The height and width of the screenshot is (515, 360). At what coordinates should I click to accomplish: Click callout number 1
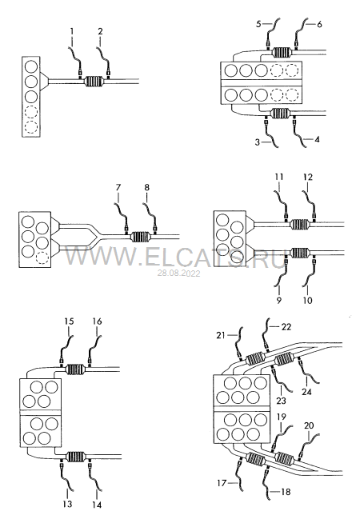point(72,31)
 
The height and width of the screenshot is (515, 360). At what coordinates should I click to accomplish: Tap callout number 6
point(319,24)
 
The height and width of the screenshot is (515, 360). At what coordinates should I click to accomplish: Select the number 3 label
point(258,142)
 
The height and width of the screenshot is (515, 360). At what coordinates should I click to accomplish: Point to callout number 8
point(146,187)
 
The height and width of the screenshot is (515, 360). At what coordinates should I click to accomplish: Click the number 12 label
point(308,177)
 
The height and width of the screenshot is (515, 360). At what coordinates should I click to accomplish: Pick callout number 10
point(307,300)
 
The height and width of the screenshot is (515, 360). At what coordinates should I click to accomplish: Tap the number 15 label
point(69,321)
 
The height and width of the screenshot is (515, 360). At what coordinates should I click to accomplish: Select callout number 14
point(97,505)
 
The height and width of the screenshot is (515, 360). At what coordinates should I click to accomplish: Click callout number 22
point(286,327)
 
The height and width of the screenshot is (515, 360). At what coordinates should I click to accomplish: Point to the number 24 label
point(306,392)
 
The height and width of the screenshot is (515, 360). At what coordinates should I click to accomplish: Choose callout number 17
point(222,483)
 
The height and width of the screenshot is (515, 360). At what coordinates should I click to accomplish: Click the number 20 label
point(309,425)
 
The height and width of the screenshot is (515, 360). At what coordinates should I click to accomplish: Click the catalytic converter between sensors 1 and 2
point(94,82)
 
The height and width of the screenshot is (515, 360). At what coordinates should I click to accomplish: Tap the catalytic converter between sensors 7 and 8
point(141,237)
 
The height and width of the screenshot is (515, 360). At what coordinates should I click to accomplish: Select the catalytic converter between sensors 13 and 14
point(75,457)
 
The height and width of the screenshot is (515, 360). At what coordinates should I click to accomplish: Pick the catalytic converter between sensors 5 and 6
point(282,52)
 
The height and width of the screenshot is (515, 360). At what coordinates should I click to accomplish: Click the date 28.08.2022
point(178,273)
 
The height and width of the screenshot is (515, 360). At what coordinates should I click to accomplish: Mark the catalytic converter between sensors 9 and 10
point(301,253)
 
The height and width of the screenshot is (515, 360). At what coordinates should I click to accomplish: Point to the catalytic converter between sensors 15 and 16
point(75,369)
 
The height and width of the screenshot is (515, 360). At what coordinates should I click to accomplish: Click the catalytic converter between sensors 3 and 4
point(280,114)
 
